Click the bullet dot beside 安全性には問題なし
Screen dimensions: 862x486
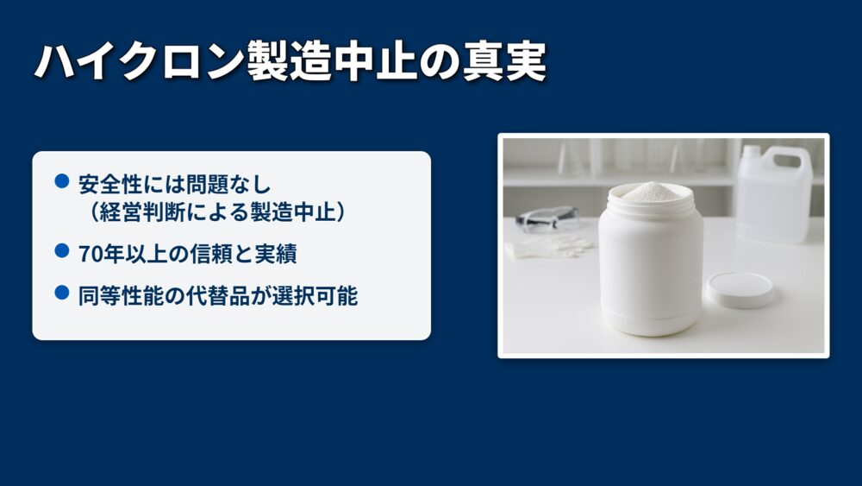pyautogui.click(x=62, y=181)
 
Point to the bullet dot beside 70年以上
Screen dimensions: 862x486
pyautogui.click(x=62, y=251)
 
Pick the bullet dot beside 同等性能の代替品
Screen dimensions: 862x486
pyautogui.click(x=62, y=293)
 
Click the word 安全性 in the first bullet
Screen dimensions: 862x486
pyautogui.click(x=110, y=185)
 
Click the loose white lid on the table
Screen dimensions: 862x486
pyautogui.click(x=740, y=290)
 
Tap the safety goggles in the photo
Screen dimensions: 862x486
pyautogui.click(x=547, y=218)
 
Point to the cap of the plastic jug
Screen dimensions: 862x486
pyautogui.click(x=751, y=150)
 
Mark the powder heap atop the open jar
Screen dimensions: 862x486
pyautogui.click(x=652, y=191)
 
